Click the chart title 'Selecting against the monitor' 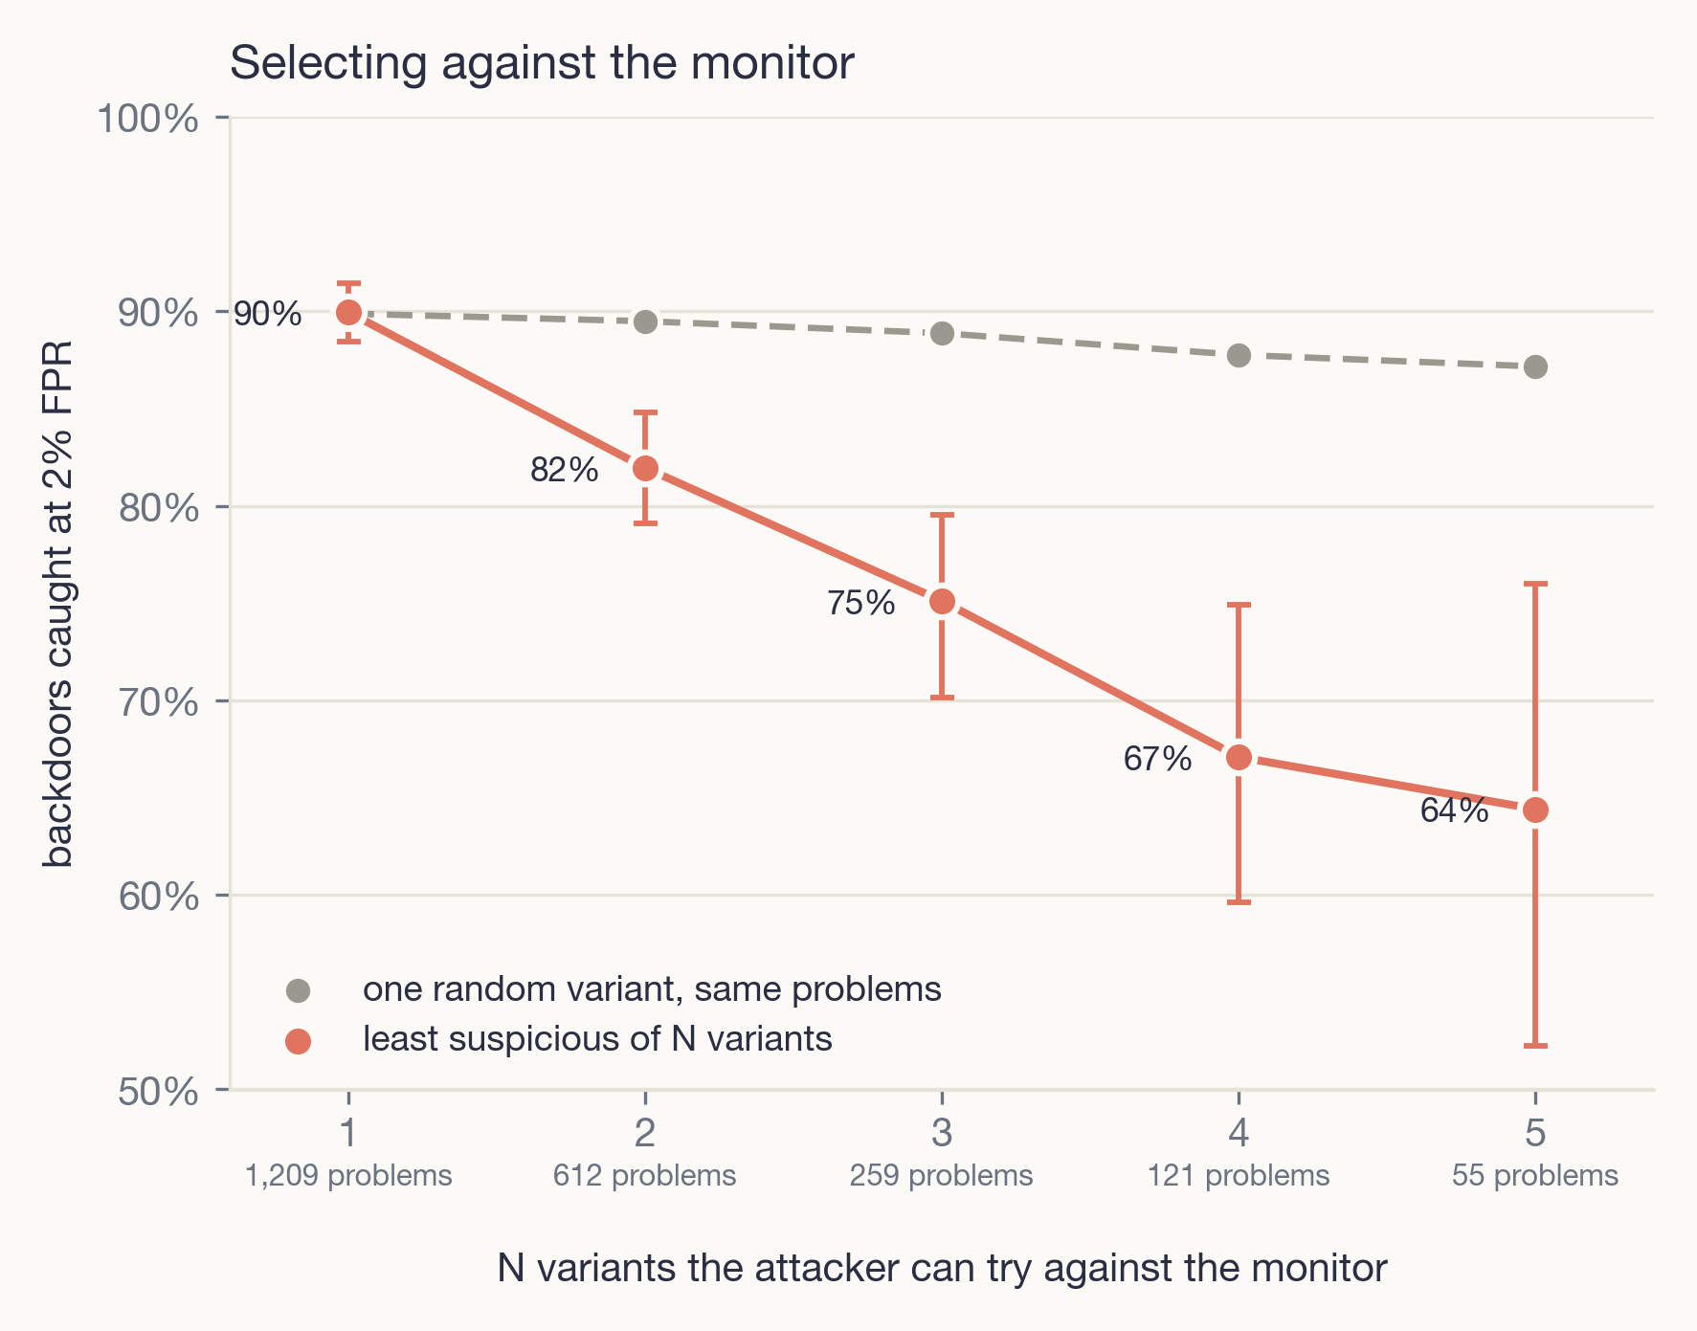click(542, 64)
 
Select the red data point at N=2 click(645, 468)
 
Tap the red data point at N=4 click(1239, 758)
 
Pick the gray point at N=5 click(1535, 366)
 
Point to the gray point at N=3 click(942, 333)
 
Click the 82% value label click(565, 470)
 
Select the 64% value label click(1455, 811)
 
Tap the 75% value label click(861, 603)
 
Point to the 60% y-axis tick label click(160, 897)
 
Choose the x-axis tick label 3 click(942, 1133)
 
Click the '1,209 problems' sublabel click(348, 1176)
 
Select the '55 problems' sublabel click(1535, 1176)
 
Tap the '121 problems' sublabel click(1239, 1176)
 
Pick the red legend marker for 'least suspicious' click(299, 1040)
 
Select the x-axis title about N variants click(942, 1269)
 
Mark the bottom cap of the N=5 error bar click(1535, 1046)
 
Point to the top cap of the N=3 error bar click(942, 515)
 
